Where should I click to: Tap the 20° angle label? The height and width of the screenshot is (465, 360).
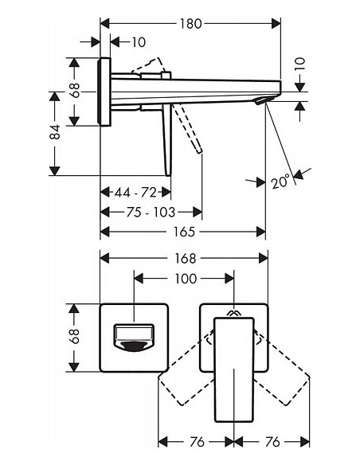pos(278,182)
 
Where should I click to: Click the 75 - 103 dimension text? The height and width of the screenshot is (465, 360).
pos(151,212)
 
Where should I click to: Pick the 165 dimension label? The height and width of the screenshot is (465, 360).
pos(183,232)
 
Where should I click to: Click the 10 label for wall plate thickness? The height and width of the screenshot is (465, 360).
pos(139,41)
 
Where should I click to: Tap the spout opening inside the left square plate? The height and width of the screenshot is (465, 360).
pos(132,337)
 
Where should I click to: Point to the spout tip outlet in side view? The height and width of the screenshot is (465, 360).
pos(260,100)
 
